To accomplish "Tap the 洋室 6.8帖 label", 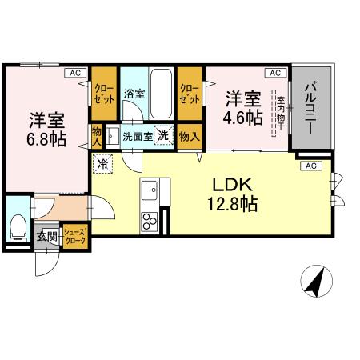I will (x=49, y=129).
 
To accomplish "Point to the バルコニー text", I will (x=310, y=109).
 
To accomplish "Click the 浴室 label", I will (x=133, y=94).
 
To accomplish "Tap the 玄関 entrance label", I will (x=47, y=237).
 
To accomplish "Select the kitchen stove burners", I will (x=150, y=219).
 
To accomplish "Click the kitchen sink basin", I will (x=150, y=190).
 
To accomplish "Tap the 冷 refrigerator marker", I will (x=103, y=163).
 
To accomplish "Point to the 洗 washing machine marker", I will (x=162, y=135).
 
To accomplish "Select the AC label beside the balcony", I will (x=310, y=166).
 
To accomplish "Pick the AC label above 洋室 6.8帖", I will (x=76, y=73).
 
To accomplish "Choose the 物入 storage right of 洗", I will (x=189, y=136).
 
